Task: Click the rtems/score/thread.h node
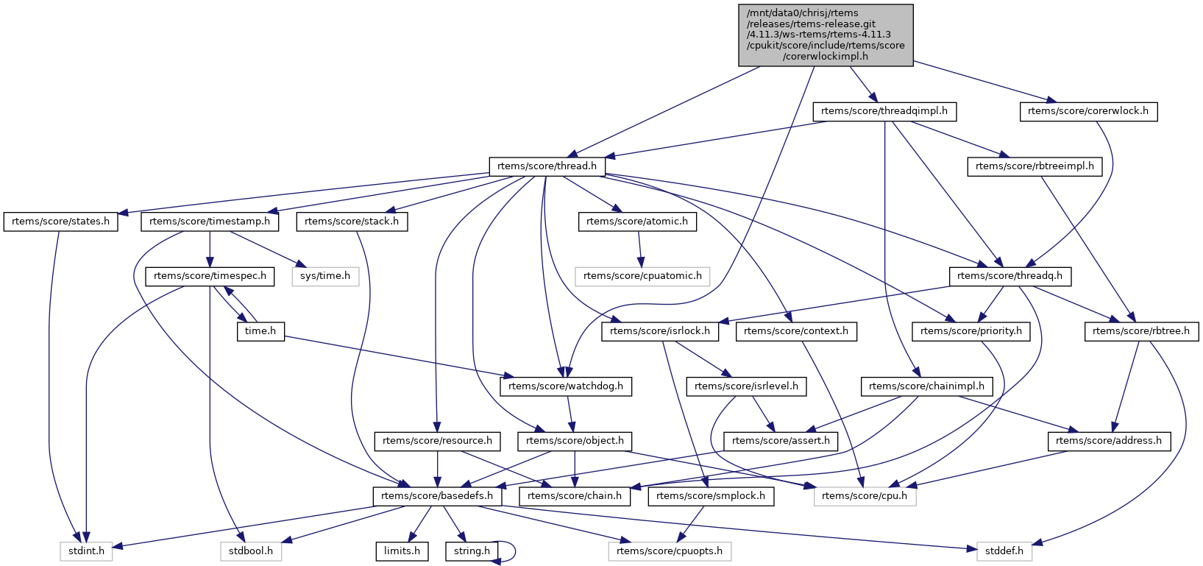(547, 166)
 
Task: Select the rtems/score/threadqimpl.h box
(884, 111)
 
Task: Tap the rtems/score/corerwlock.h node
(1088, 111)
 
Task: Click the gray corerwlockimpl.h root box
(826, 35)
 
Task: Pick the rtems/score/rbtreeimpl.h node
(1035, 166)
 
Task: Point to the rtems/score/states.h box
(60, 222)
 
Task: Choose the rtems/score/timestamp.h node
(210, 222)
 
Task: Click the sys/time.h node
(325, 276)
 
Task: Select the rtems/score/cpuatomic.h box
(642, 276)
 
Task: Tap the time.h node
(260, 331)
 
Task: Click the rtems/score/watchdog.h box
(566, 386)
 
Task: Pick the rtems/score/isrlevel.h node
(746, 386)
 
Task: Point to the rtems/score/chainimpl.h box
(926, 386)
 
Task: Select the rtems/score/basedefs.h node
(438, 496)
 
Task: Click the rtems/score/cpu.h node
(865, 496)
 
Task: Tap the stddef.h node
(1004, 551)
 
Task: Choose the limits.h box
(402, 551)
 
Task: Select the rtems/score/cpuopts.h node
(670, 551)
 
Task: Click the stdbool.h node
(250, 551)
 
